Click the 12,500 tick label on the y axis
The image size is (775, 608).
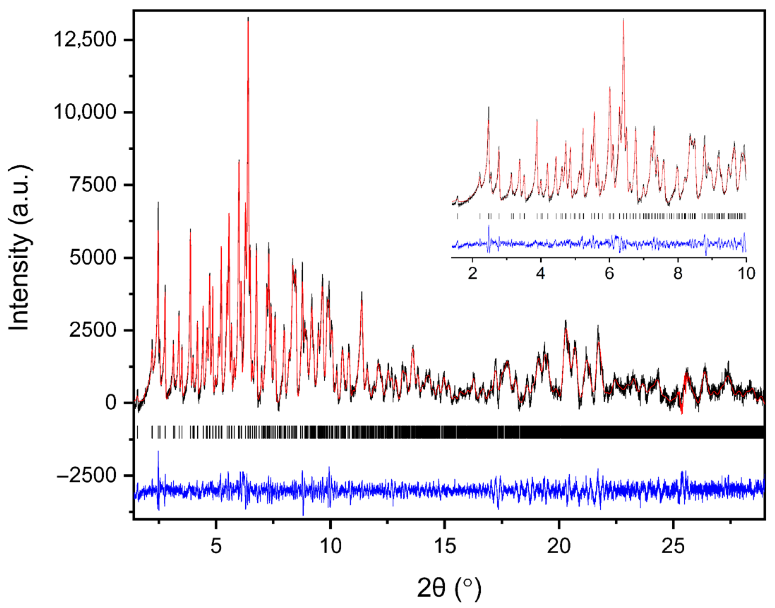(85, 39)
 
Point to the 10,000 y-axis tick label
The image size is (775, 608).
(85, 112)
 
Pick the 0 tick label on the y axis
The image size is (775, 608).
(111, 403)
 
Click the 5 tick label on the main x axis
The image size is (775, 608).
(216, 546)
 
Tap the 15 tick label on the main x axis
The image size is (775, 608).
(445, 546)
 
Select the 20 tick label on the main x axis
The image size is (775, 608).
(559, 546)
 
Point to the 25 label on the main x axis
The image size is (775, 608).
(673, 546)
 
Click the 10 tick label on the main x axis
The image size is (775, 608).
(330, 546)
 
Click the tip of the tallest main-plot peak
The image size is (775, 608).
(248, 18)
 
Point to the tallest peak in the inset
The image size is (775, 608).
(623, 19)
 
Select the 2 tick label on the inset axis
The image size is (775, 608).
(473, 273)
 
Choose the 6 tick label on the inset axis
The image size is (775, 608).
(609, 273)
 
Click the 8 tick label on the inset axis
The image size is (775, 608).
(678, 273)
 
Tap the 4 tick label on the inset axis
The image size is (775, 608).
(541, 273)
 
